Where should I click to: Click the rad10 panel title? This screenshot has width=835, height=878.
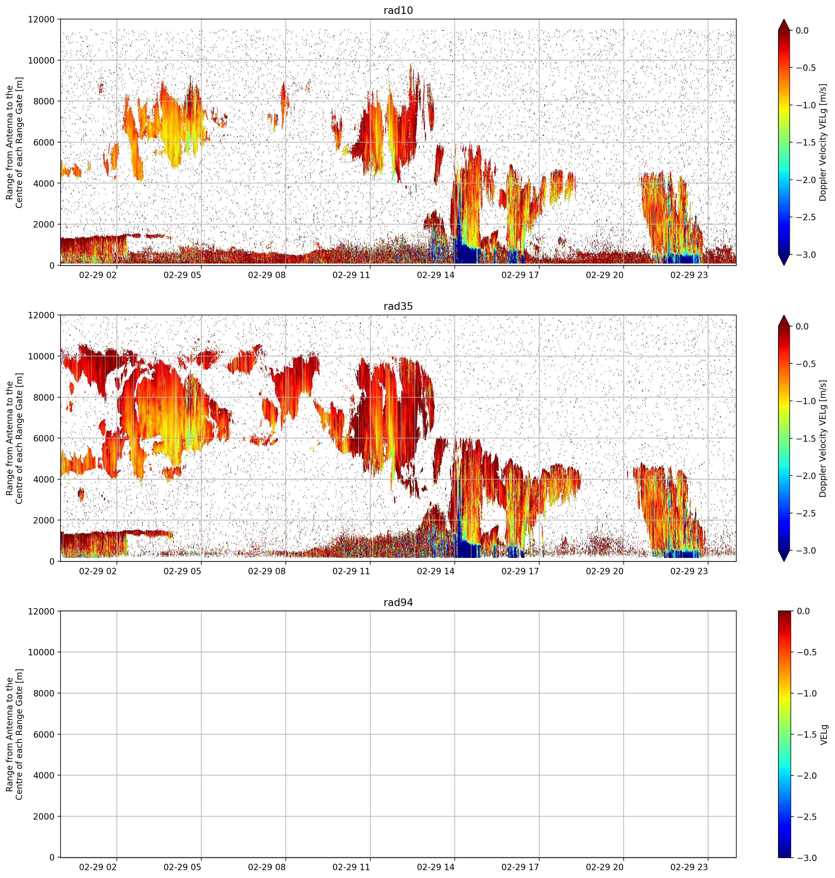click(x=398, y=10)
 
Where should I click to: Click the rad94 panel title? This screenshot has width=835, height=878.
click(x=398, y=602)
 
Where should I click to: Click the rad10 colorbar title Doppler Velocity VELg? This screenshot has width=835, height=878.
click(x=823, y=142)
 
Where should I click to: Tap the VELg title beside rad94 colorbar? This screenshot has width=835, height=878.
click(x=824, y=734)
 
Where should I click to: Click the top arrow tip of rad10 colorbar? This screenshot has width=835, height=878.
click(x=784, y=19)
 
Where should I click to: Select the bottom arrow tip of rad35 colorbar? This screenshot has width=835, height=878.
click(x=784, y=561)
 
